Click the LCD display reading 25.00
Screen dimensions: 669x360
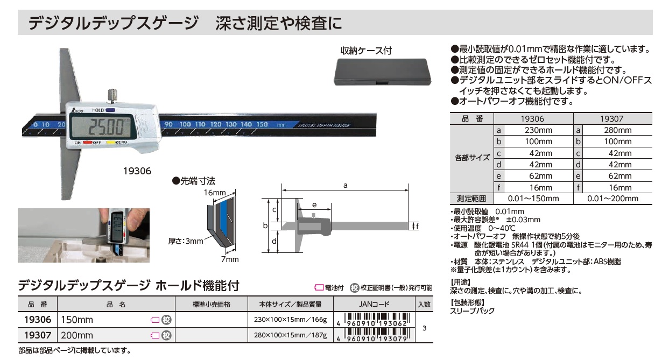coord(102,126)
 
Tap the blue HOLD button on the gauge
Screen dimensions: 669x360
coord(110,110)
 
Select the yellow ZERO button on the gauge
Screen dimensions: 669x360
coord(111,143)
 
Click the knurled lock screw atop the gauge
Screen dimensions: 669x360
coord(112,96)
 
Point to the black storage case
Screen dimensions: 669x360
coord(383,72)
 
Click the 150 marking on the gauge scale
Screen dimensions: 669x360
coord(262,124)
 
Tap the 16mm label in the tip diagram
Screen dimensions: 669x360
coord(215,193)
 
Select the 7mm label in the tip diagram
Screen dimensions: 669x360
coord(230,259)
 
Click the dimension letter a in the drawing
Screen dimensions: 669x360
coord(345,186)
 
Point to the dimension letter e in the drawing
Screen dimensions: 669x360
coord(314,205)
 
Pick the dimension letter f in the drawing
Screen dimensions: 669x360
coord(417,227)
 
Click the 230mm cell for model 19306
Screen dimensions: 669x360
coord(539,130)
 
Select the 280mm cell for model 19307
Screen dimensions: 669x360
coord(617,130)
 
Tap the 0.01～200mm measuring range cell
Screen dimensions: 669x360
coord(612,199)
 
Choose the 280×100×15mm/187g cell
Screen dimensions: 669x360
coord(290,335)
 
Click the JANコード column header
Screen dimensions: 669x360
coord(374,304)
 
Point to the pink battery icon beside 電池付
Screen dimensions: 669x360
coord(319,287)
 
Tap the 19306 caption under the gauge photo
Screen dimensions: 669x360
coord(137,171)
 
